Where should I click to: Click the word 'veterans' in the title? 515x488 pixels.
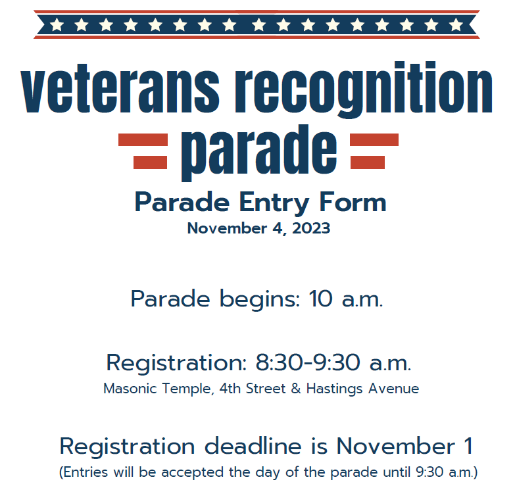pos(120,89)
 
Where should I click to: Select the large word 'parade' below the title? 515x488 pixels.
pos(259,153)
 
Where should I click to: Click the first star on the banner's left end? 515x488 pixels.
pos(57,24)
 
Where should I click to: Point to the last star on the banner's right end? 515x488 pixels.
pos(456,24)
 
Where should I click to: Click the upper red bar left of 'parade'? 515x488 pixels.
pos(143,140)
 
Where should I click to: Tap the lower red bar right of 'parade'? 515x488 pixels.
pos(368,162)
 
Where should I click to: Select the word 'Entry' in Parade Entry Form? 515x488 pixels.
pos(274,203)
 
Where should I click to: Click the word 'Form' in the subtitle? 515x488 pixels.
pos(353,203)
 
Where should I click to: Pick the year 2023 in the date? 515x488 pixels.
pos(311,228)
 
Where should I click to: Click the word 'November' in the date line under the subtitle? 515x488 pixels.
pos(227,228)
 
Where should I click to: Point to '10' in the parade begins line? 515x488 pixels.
pos(320,299)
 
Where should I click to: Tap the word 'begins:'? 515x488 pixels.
pos(259,299)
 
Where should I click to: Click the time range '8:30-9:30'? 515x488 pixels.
pos(308,362)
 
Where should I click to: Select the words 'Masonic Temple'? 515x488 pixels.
pos(157,389)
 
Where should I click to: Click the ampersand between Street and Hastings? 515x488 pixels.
pos(295,389)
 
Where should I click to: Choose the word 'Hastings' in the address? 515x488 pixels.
pos(334,389)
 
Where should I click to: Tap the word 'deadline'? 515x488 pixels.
pos(253,447)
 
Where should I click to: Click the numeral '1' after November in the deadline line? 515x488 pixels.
pos(469,446)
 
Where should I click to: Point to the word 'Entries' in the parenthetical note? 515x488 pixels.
pos(86,472)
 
